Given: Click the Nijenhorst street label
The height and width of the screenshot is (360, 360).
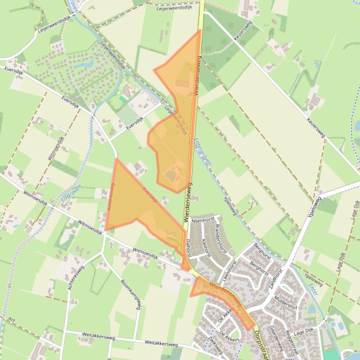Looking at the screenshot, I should (x=203, y=219).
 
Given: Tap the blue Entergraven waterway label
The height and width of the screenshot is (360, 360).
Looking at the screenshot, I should (x=202, y=151).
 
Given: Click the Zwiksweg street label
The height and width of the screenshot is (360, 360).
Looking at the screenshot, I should (x=215, y=345).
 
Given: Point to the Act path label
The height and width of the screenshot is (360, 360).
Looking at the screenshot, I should (x=12, y=320).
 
